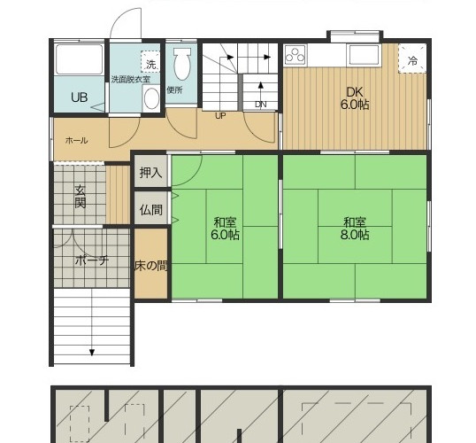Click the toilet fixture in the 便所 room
182,64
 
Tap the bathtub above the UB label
80,59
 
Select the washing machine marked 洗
150,62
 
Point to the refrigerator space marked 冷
412,58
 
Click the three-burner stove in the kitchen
296,55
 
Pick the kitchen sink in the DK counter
365,54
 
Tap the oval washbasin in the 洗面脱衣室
151,98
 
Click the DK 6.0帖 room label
355,98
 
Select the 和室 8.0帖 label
355,229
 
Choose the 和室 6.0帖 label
225,229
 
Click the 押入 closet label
151,173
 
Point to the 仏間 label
151,210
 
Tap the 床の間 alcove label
151,266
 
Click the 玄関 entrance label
81,197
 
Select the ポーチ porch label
92,260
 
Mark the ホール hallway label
76,141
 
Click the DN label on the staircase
261,105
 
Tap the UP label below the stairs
220,116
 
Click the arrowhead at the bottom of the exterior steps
92,353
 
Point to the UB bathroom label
80,97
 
